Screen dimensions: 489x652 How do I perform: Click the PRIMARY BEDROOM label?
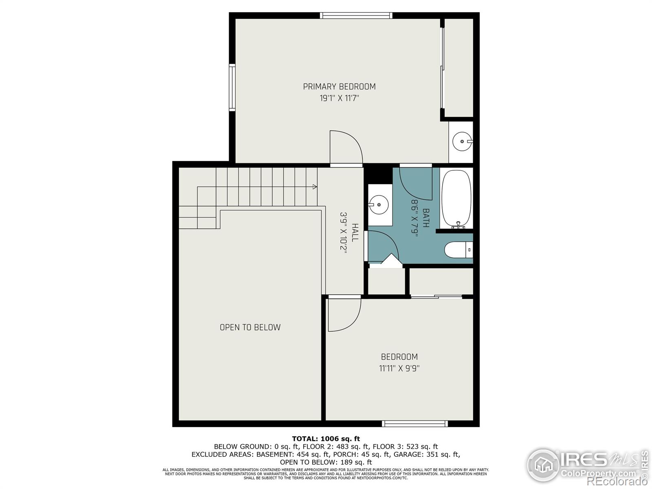point(339,86)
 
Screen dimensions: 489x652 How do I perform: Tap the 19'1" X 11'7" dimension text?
point(339,98)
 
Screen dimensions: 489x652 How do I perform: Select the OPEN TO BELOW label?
point(250,327)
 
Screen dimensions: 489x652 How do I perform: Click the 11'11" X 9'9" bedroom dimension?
point(399,368)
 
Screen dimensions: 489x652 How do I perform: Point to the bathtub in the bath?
point(456,198)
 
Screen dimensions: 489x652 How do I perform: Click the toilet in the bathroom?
point(458,250)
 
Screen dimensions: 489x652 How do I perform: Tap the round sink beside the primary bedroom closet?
point(463,141)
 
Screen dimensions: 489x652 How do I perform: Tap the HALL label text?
point(355,232)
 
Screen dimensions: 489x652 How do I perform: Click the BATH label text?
point(426,218)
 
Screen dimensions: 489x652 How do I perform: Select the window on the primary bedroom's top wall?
point(356,15)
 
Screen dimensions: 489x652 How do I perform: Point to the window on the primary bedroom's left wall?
point(232,88)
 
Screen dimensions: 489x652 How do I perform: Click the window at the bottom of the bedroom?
point(415,424)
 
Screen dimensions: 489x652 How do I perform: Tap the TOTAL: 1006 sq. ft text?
point(326,439)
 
